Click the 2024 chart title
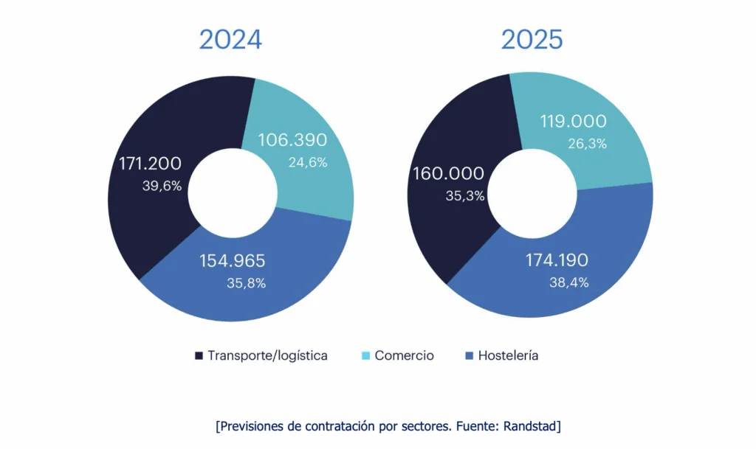click(230, 40)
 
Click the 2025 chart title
click(532, 40)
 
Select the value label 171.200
click(150, 164)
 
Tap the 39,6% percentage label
click(162, 186)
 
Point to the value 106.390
click(292, 140)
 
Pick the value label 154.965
click(233, 261)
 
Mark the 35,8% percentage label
click(247, 282)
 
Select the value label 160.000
click(449, 174)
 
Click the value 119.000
click(573, 122)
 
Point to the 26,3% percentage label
click(588, 144)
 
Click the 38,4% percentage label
click(568, 282)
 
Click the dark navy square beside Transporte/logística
click(199, 356)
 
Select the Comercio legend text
click(404, 355)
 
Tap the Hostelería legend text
click(508, 355)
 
